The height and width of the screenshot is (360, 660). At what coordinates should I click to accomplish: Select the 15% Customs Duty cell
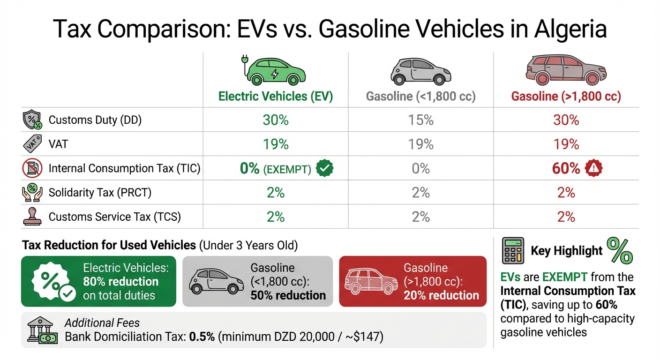click(x=420, y=120)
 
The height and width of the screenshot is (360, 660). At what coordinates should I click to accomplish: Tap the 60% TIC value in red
click(x=566, y=168)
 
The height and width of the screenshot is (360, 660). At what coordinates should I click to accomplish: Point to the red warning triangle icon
click(x=593, y=168)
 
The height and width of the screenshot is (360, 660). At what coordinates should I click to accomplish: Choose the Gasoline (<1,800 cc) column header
click(x=420, y=97)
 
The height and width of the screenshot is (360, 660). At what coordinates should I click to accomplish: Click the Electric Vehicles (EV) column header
click(x=276, y=97)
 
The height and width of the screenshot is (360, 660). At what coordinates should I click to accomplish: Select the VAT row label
click(x=58, y=144)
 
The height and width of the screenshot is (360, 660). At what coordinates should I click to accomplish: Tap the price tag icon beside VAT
click(x=31, y=144)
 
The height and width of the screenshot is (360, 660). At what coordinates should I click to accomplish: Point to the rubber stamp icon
click(x=31, y=217)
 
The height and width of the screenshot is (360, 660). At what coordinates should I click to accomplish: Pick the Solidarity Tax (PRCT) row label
click(x=100, y=193)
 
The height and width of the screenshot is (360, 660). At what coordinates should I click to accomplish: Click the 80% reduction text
click(x=121, y=282)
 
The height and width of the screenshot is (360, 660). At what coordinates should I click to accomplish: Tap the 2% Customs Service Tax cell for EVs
click(x=276, y=217)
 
